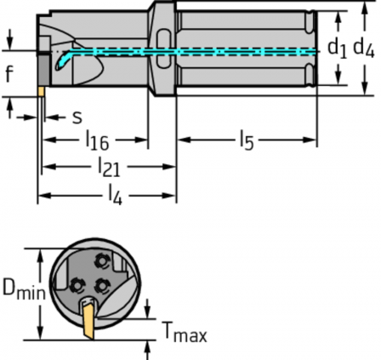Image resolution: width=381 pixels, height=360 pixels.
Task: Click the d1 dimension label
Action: pos(337,49)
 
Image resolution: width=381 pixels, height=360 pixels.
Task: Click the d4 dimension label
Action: pos(364,48)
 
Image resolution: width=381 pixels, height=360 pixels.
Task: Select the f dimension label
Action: pos(9,73)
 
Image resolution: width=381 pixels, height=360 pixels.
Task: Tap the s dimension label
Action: pos(77,117)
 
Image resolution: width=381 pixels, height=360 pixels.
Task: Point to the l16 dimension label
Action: pos(97,140)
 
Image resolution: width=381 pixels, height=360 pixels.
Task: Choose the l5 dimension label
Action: pos(247,140)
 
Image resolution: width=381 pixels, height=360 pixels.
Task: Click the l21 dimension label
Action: pos(109,167)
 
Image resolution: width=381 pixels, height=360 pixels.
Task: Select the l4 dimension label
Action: pos(116,195)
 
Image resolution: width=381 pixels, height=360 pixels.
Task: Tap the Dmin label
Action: pos(24,289)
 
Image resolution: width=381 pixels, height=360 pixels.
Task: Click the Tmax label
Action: pos(185,332)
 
